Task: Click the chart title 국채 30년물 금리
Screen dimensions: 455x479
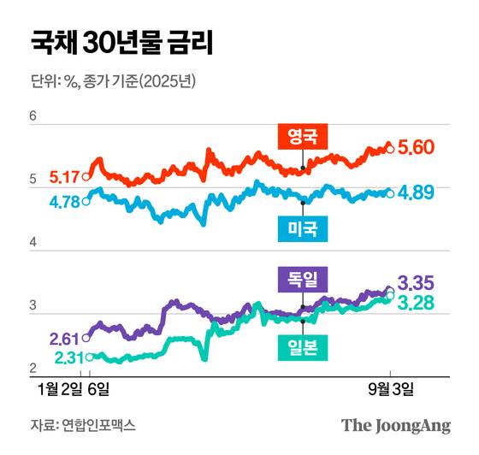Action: point(121,42)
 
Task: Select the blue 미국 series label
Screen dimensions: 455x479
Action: point(304,227)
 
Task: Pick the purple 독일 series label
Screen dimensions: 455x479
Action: point(303,278)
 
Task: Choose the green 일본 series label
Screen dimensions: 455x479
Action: point(303,347)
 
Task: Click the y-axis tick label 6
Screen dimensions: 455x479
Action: point(33,117)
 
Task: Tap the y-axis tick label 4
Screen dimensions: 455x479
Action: point(33,244)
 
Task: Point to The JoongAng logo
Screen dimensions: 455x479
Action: point(396,425)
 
